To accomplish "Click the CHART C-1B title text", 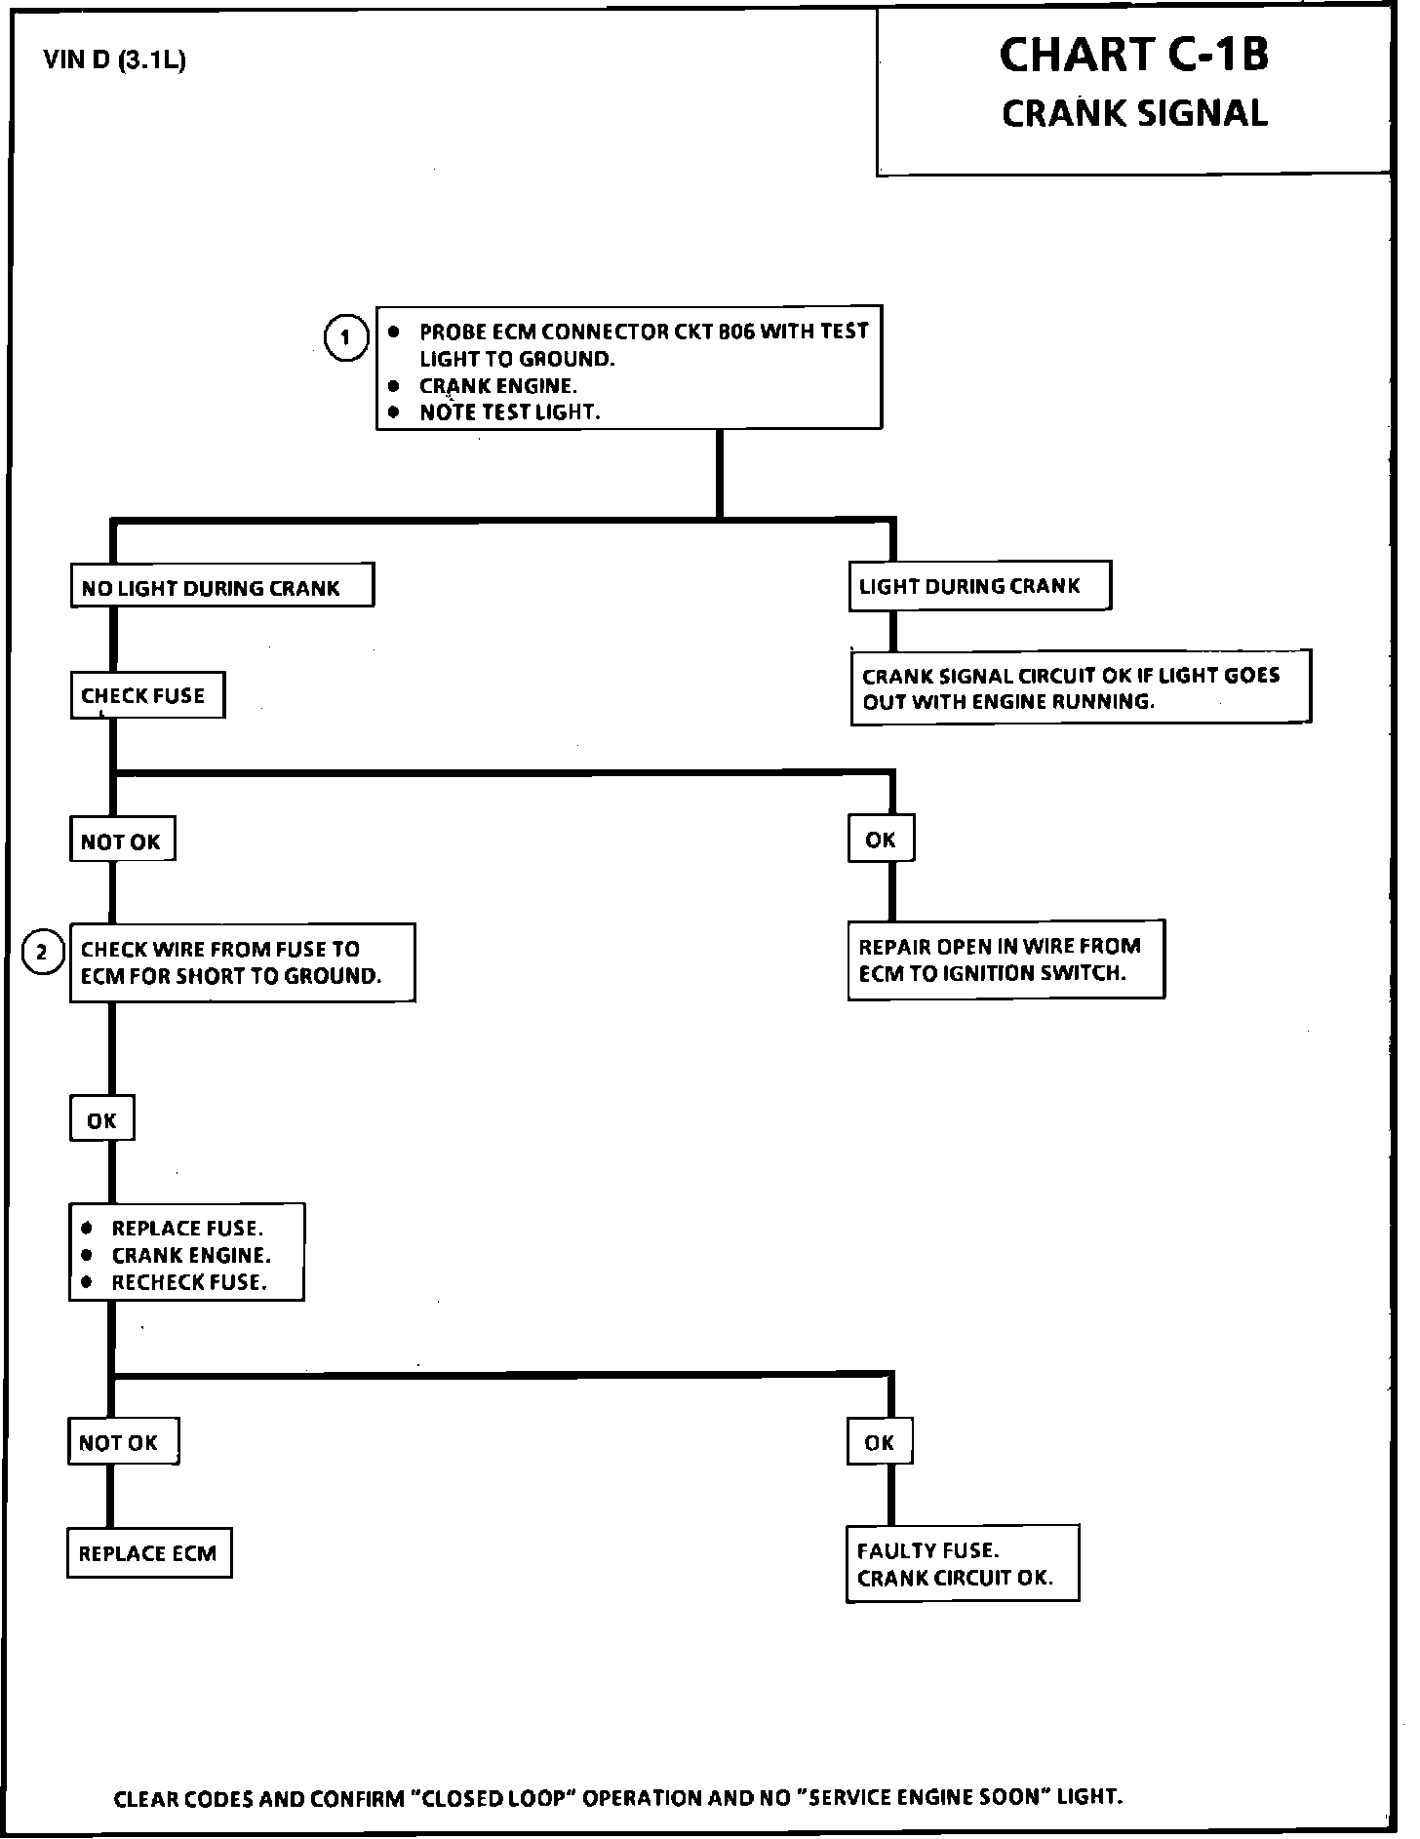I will click(1133, 56).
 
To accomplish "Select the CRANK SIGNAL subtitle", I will click(1134, 114).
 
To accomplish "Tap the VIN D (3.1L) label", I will click(115, 60).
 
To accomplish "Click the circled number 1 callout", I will click(345, 338).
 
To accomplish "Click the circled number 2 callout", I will click(42, 952).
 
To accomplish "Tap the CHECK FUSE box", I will click(147, 695).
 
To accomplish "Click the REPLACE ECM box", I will click(149, 1553).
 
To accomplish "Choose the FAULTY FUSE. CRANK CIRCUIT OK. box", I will click(962, 1564).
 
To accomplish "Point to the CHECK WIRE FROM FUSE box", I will click(242, 962).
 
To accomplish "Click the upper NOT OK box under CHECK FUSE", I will click(122, 841).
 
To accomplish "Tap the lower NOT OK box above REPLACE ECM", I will click(122, 1443).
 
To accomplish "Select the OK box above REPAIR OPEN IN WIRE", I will click(881, 840).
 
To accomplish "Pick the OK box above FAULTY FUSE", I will click(879, 1443).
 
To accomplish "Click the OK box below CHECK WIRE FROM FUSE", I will click(101, 1120).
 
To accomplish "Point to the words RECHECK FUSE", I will click(189, 1282).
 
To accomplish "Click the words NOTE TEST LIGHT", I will click(509, 412).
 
